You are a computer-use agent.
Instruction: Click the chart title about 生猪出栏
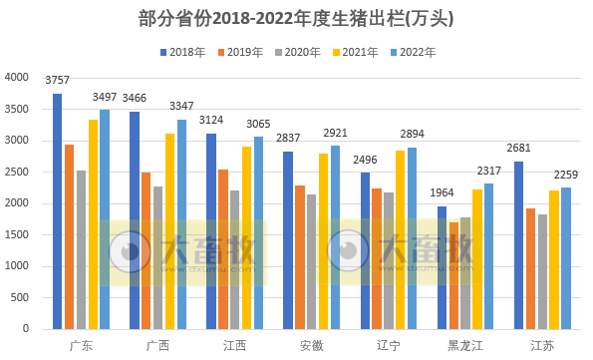click(296, 18)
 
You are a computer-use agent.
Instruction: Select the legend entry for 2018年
click(181, 52)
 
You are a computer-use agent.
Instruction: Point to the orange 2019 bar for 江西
click(223, 249)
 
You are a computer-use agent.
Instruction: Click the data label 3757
click(58, 81)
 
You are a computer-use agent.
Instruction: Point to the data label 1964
click(442, 193)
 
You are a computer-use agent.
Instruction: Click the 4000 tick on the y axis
click(17, 78)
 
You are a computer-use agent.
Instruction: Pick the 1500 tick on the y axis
click(17, 235)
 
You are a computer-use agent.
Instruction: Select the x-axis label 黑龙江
click(464, 345)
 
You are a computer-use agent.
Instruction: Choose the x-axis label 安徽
click(311, 345)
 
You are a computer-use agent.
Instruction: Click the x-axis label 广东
click(82, 345)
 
